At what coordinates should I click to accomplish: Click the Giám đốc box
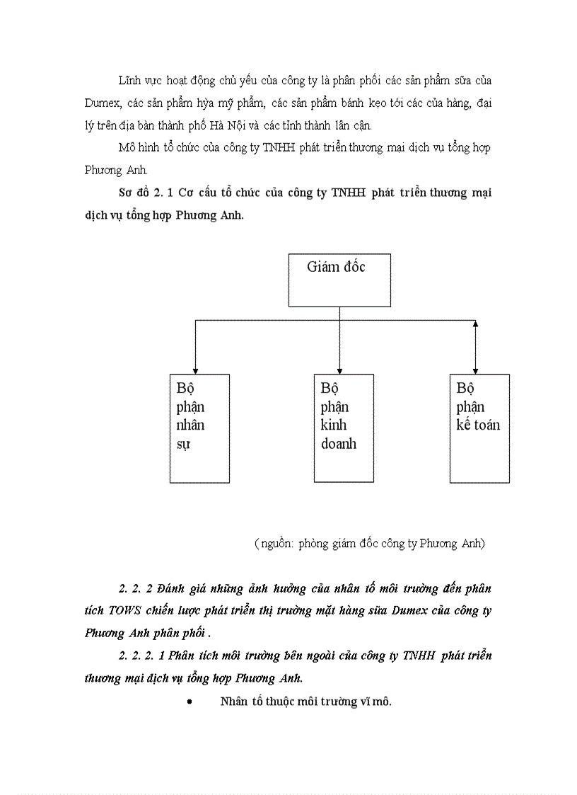point(339,280)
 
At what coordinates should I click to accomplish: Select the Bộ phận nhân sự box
point(199,428)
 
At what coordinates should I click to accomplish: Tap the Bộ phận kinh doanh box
point(344,428)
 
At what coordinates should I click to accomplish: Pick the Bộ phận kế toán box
point(479,428)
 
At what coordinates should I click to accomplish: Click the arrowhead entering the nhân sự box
point(196,370)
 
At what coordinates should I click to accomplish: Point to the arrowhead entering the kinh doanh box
point(340,370)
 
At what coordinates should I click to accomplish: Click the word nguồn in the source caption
point(276,544)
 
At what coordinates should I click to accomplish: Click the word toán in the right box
point(488,425)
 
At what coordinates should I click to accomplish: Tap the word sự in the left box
point(183,445)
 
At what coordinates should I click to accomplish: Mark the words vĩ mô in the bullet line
point(375,702)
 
